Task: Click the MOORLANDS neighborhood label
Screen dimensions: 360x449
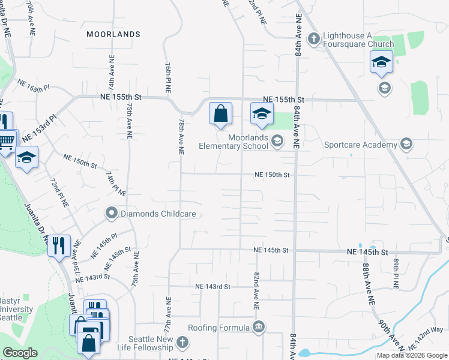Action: click(113, 34)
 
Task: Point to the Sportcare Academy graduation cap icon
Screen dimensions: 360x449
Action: click(406, 144)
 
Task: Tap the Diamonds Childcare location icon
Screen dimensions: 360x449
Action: click(111, 213)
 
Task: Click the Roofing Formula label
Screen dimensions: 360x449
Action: click(218, 328)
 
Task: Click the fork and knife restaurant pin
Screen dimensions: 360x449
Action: click(59, 246)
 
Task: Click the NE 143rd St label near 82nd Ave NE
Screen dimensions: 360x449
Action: click(212, 287)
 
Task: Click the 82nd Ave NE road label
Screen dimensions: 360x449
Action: click(256, 290)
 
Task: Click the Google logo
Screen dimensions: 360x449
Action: click(20, 353)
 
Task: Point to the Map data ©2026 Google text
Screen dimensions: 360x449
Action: click(412, 355)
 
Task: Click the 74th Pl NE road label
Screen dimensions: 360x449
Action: click(115, 183)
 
